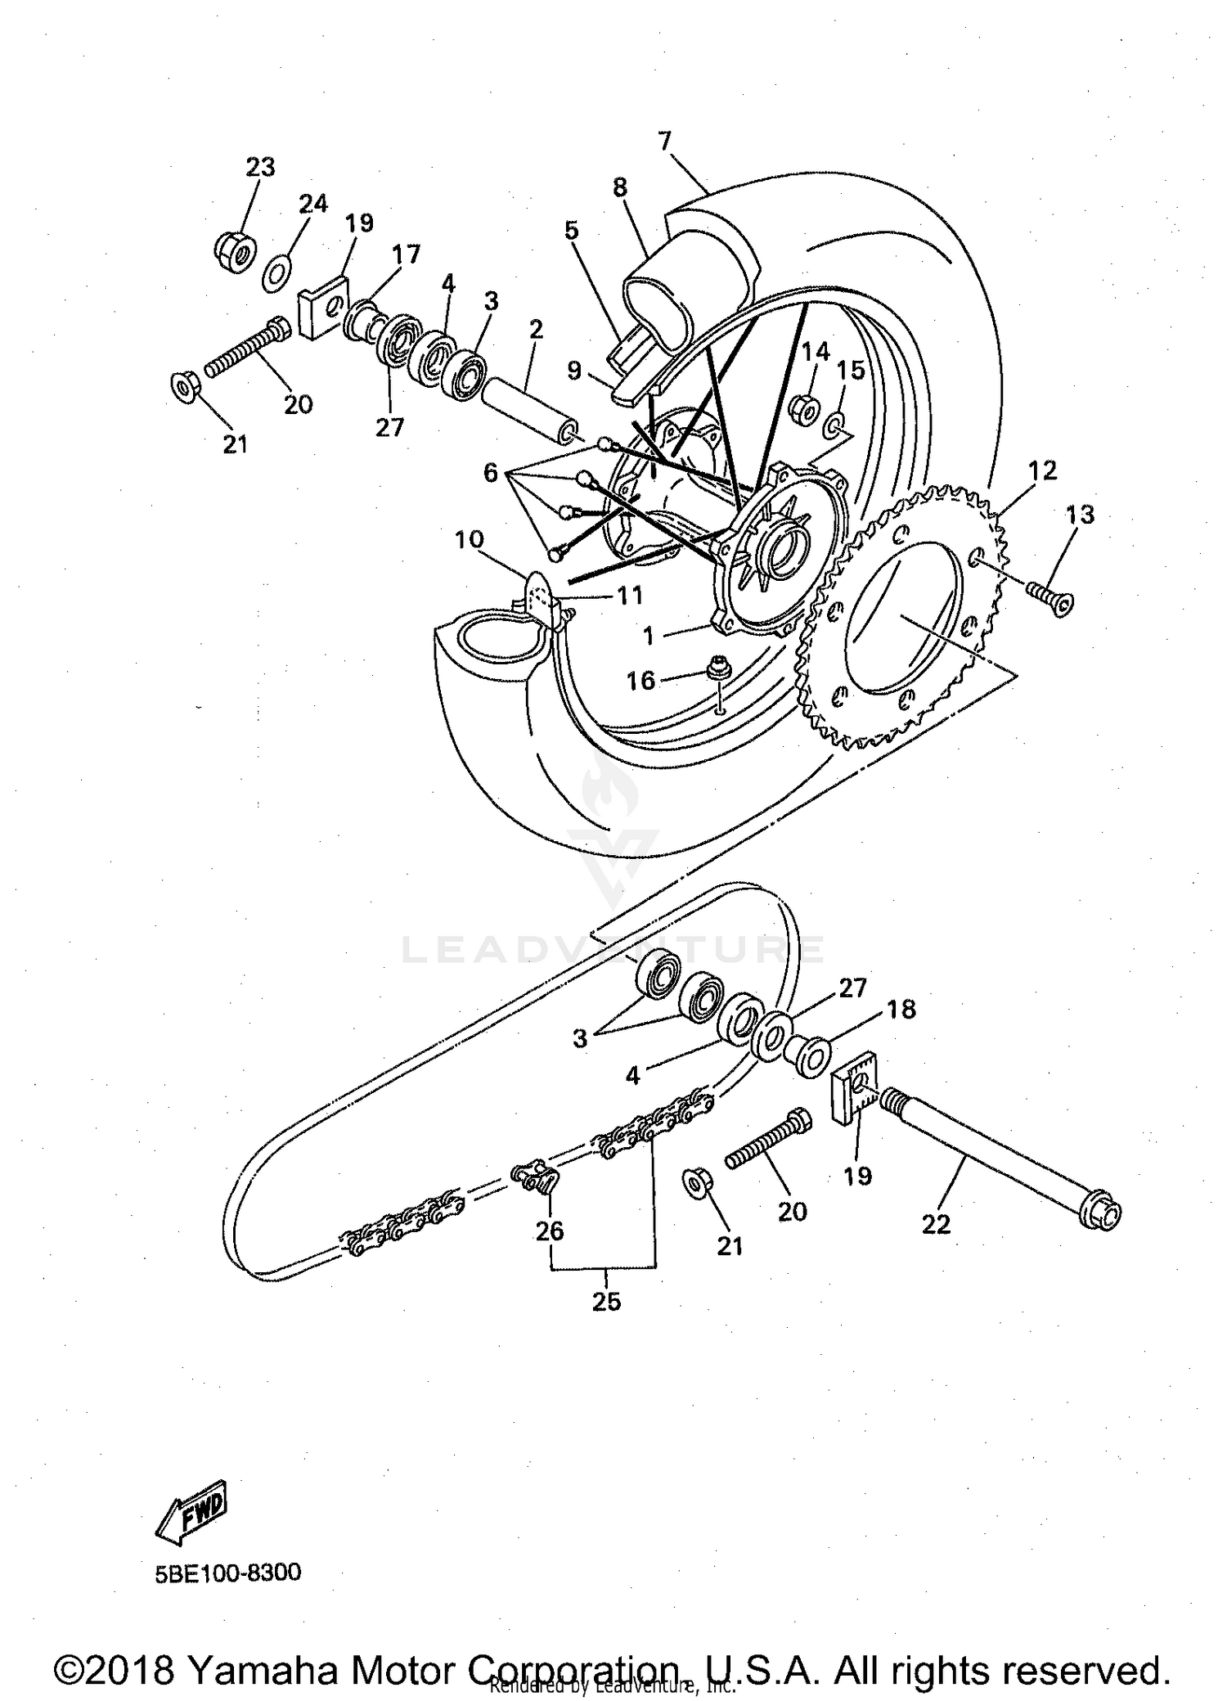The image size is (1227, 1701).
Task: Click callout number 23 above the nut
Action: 260,167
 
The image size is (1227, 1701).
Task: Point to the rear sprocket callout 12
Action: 1042,470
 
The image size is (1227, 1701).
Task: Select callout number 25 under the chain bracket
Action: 606,1301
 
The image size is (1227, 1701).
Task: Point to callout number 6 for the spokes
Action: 490,472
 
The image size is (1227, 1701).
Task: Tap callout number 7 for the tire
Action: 664,141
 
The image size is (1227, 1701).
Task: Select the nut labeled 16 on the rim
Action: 719,667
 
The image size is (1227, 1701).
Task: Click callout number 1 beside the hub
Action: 649,634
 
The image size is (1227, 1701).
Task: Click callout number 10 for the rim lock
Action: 470,540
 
